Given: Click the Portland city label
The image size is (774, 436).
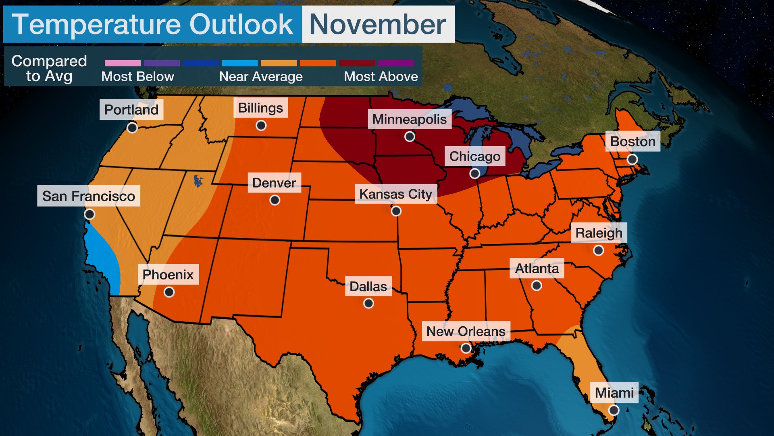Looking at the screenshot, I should [131, 109].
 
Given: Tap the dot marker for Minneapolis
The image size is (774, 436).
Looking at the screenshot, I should [410, 136].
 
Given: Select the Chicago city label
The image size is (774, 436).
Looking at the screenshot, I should [474, 156].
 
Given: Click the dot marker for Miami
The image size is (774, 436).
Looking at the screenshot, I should [614, 410].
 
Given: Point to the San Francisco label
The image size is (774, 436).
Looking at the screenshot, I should [89, 196].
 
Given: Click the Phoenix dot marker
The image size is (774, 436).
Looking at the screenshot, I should [169, 292].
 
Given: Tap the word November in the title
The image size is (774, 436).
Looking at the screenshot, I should [378, 24].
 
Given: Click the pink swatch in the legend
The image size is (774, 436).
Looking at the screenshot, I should [123, 63].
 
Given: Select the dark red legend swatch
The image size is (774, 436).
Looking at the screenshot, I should [357, 63].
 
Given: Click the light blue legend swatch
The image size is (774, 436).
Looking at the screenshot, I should [240, 63].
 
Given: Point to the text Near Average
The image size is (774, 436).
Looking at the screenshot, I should [261, 77].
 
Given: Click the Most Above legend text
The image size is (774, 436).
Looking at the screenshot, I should [381, 77].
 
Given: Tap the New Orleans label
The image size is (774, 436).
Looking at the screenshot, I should [466, 331].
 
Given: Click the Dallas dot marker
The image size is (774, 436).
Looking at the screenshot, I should [368, 303].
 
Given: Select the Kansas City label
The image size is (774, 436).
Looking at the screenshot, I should [395, 194].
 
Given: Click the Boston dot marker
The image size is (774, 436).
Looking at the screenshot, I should [632, 159].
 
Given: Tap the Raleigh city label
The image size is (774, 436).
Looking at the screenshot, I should [599, 233].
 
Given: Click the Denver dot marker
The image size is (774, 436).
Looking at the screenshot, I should [275, 200].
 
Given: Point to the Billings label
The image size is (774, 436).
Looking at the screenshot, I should [260, 108].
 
